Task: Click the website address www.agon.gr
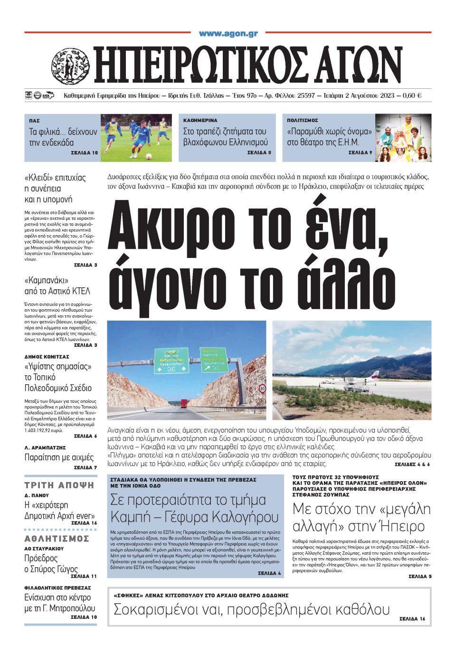228,33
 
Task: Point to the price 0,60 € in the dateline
412,95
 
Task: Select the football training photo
137,138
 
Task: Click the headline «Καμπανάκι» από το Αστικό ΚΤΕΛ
57,285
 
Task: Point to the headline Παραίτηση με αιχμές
59,458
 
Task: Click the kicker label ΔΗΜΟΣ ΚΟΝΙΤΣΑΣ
47,356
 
